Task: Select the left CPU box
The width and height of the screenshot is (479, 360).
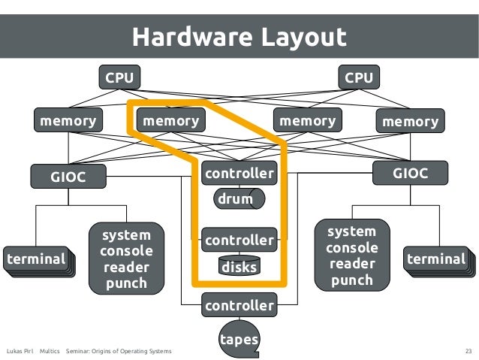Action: tap(119, 77)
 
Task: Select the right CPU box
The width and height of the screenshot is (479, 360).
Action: tap(358, 77)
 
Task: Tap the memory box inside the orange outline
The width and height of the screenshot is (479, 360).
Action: tap(171, 120)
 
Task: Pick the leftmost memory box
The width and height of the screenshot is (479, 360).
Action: tap(68, 120)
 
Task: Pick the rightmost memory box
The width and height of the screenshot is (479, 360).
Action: tap(410, 121)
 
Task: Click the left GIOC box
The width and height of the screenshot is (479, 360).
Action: tap(68, 177)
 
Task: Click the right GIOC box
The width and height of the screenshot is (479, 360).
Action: tap(410, 174)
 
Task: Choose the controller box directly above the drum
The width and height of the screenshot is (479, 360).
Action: tap(239, 174)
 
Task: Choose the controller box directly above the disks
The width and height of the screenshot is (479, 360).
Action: tap(239, 241)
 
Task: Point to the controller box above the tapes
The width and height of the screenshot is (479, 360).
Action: tap(239, 306)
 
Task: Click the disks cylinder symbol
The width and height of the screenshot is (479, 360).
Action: tap(239, 267)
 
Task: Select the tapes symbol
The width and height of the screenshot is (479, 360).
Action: tap(239, 340)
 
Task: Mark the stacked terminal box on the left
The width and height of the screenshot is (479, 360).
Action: tap(36, 259)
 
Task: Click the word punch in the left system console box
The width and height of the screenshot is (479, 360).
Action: tap(125, 283)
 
